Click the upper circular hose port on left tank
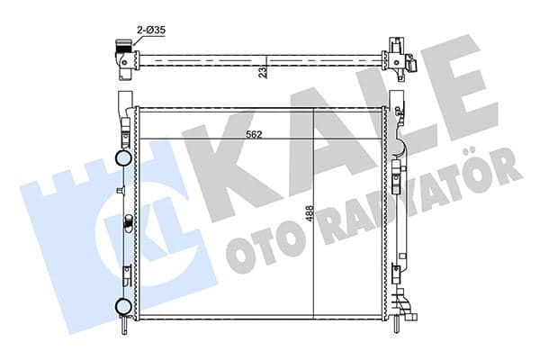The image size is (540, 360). point(123,159)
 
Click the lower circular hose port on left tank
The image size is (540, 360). point(123,306)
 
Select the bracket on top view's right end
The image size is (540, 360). point(399,56)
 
